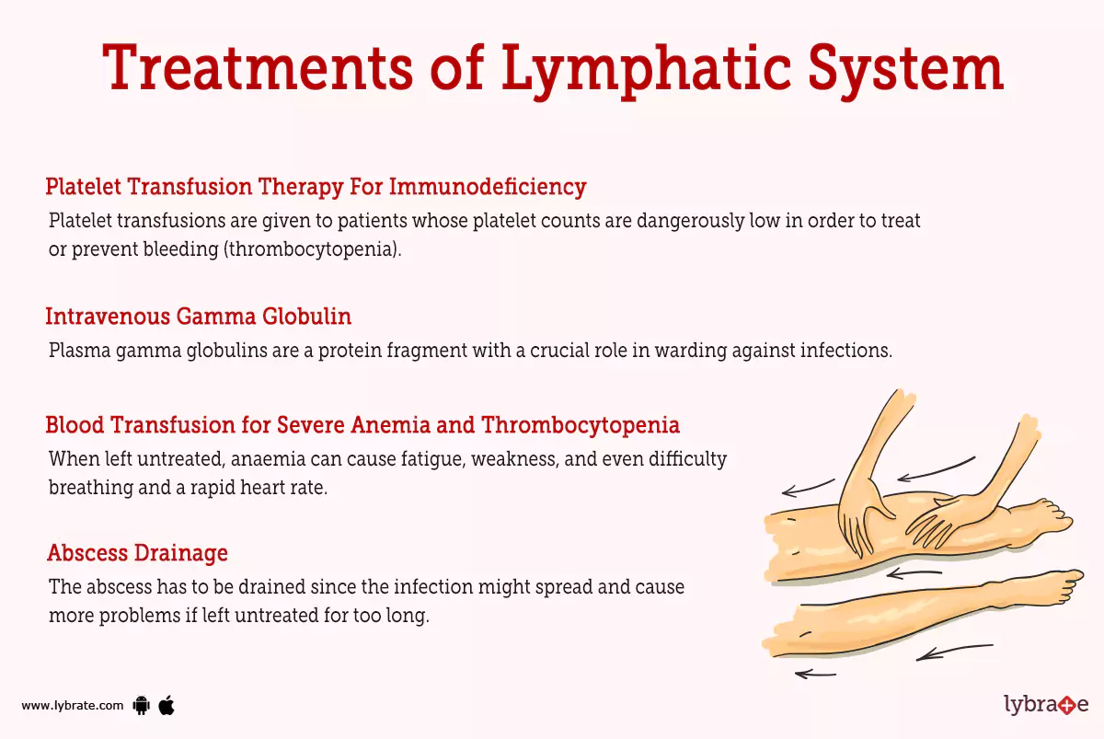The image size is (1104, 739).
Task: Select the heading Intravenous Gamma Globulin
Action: point(198,317)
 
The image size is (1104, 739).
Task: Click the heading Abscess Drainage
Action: point(137,553)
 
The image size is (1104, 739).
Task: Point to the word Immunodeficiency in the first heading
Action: point(488,187)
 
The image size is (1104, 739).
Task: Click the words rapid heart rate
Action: point(269,488)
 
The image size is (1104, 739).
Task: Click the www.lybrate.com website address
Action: point(72,706)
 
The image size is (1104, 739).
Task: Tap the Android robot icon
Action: point(141,706)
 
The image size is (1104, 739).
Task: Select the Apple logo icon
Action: point(167,705)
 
